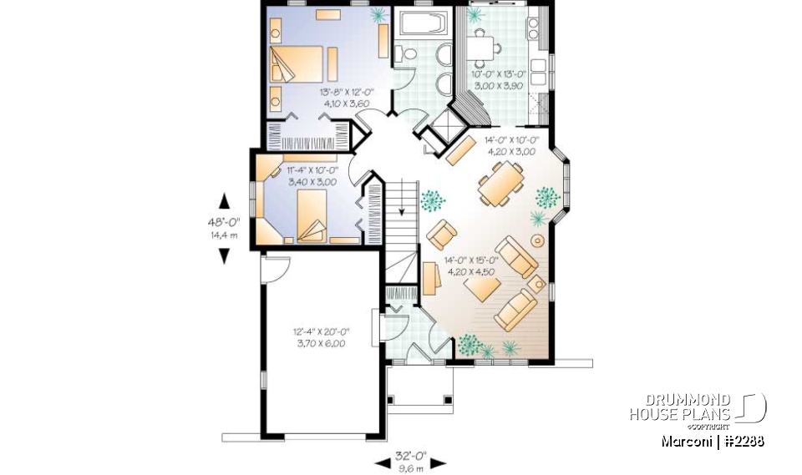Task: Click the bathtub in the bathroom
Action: click(x=422, y=23)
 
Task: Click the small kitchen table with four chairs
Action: click(x=480, y=46)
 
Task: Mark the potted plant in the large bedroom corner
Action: click(x=378, y=14)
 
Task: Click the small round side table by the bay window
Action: click(x=538, y=241)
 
